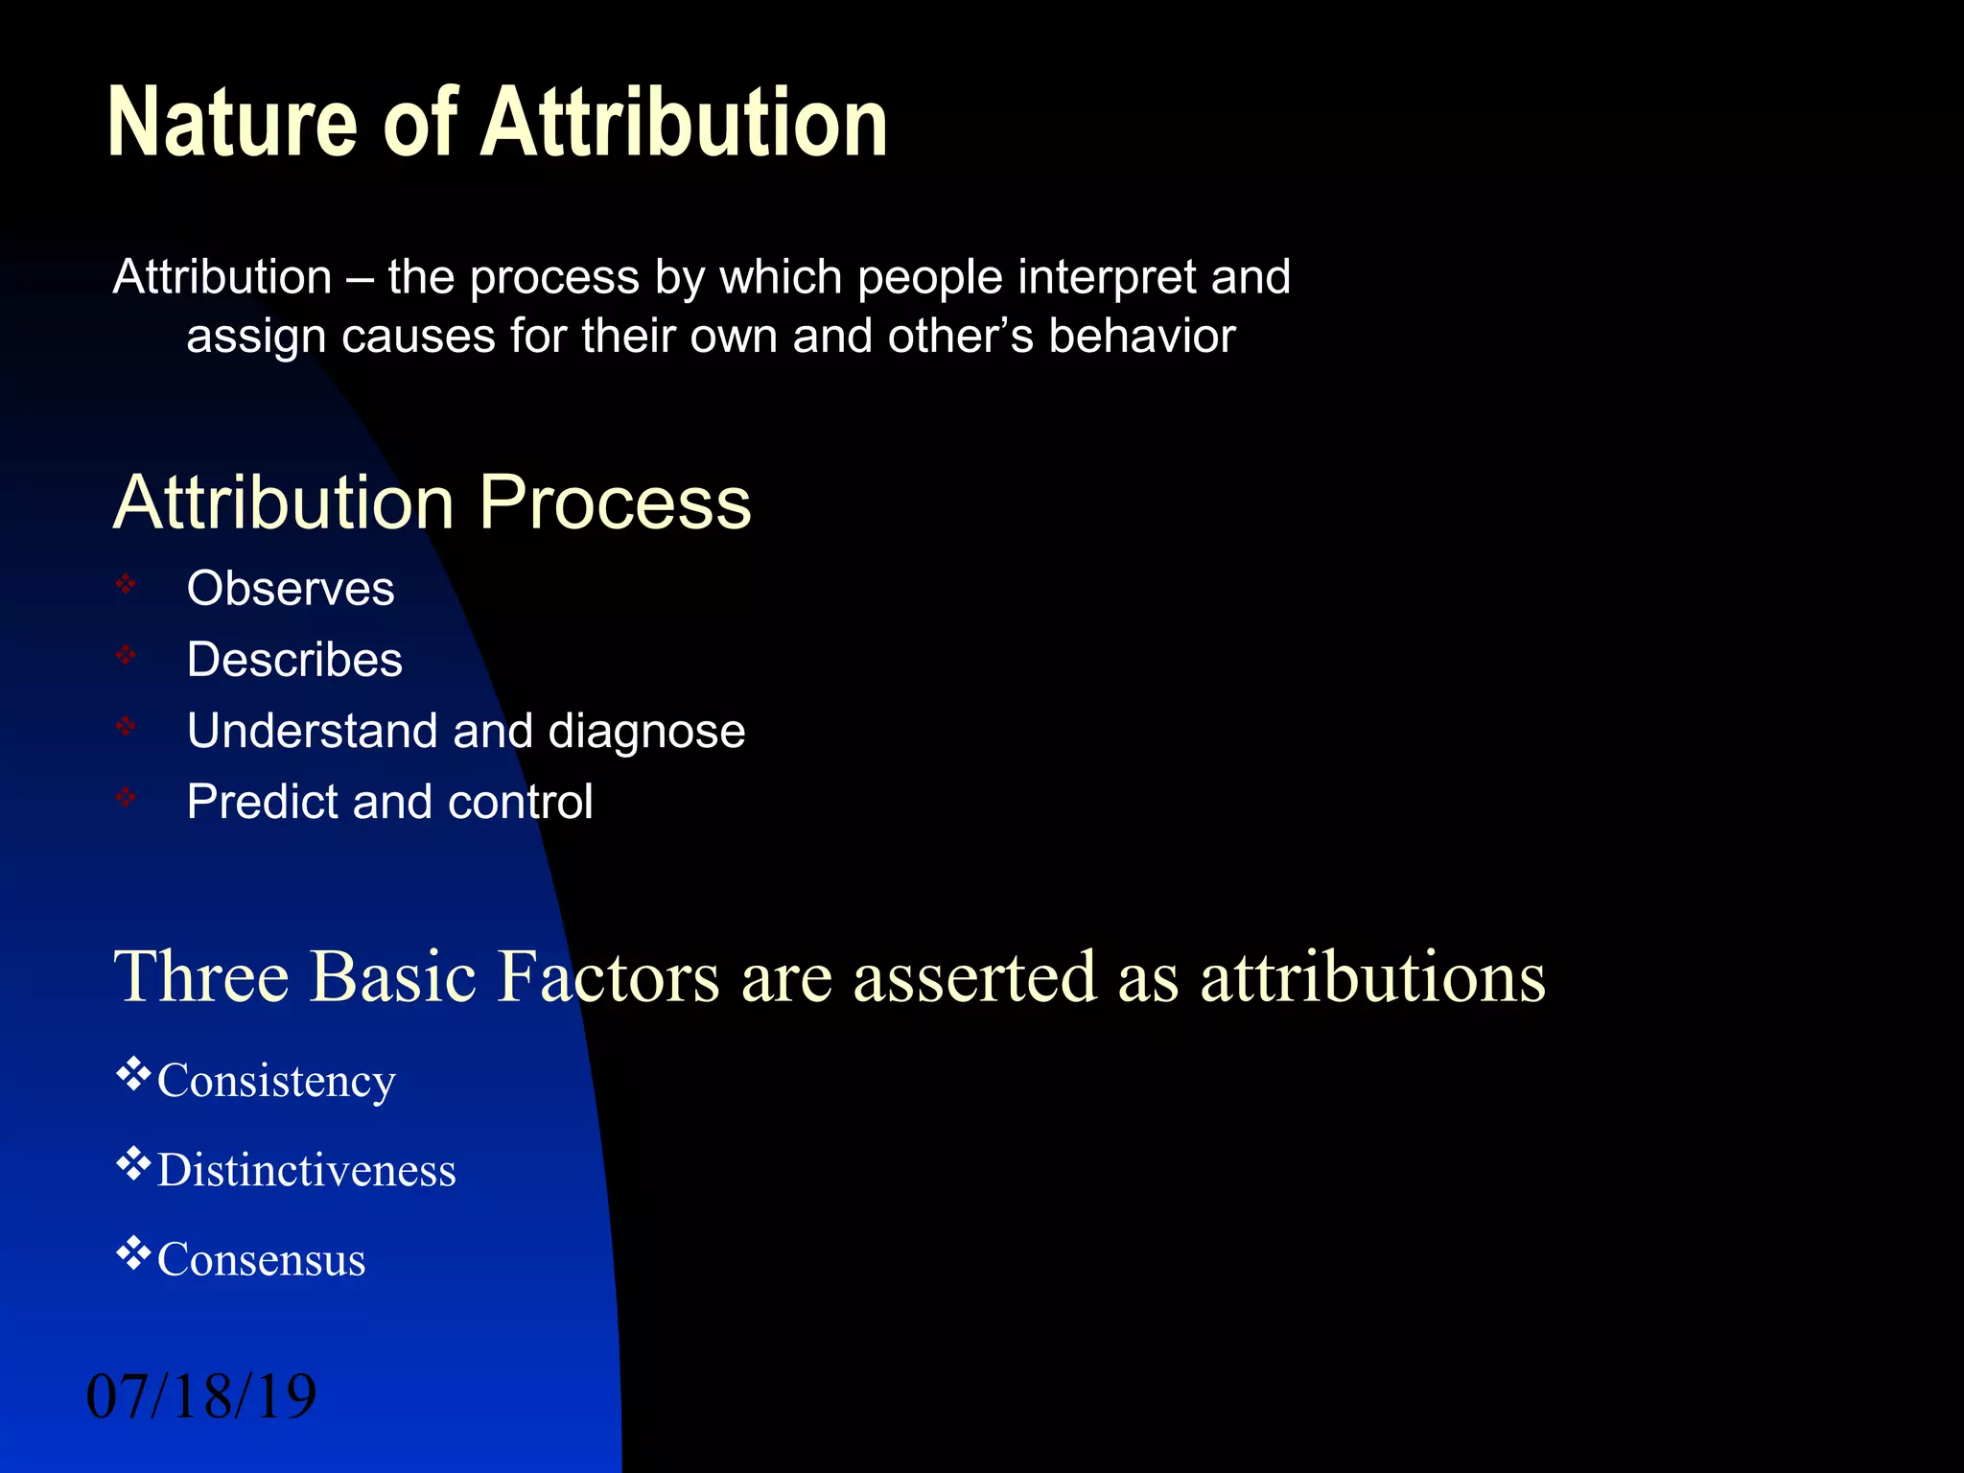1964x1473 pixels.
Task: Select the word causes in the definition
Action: pos(417,337)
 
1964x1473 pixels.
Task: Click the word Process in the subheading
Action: pos(615,503)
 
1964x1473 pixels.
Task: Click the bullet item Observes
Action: pos(291,588)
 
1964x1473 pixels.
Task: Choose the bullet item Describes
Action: pos(294,660)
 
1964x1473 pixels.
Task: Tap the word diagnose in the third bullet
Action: pos(646,732)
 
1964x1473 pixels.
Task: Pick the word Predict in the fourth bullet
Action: pos(262,802)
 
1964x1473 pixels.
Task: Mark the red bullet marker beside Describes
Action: pos(126,656)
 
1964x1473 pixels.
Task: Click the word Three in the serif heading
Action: pos(201,976)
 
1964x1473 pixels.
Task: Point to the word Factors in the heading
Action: pos(608,976)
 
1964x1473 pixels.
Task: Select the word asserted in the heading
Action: pos(974,976)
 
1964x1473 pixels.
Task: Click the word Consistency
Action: pos(276,1082)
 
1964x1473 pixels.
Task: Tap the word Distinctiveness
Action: pos(307,1171)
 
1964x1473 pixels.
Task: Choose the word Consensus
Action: pos(261,1260)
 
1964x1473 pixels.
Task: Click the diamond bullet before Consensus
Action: pos(133,1252)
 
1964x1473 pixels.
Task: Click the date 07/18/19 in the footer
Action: pos(201,1396)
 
